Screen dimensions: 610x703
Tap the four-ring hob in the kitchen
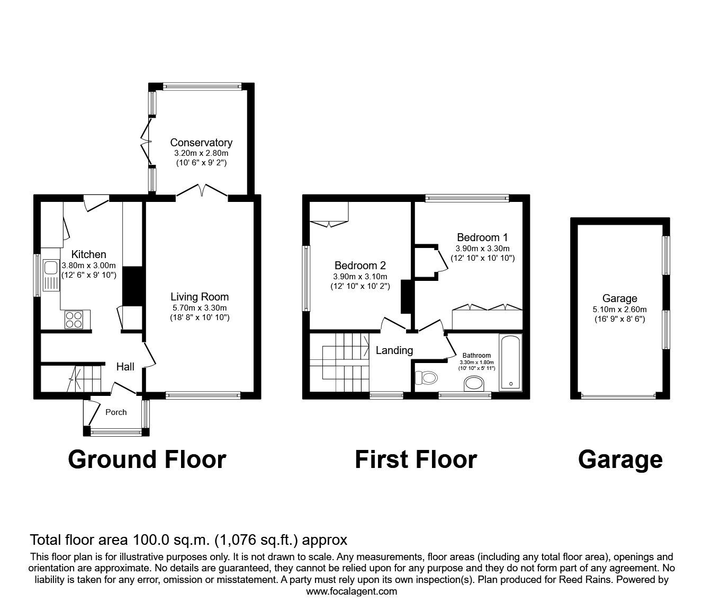coord(74,319)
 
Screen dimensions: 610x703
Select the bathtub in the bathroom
coord(510,362)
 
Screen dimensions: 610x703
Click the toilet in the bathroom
coord(426,377)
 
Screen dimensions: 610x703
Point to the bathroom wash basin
coord(472,383)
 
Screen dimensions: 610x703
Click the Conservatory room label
coord(201,143)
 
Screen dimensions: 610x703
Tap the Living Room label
coord(200,297)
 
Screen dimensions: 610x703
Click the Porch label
coord(116,412)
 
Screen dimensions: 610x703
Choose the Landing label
coord(394,350)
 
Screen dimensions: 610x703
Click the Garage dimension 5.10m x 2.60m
coord(619,310)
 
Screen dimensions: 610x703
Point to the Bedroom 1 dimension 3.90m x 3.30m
coord(482,248)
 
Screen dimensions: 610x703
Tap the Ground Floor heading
coord(147,459)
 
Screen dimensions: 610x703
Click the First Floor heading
coord(416,459)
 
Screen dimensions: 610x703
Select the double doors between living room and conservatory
coord(202,191)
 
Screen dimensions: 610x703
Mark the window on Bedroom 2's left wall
coord(306,278)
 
